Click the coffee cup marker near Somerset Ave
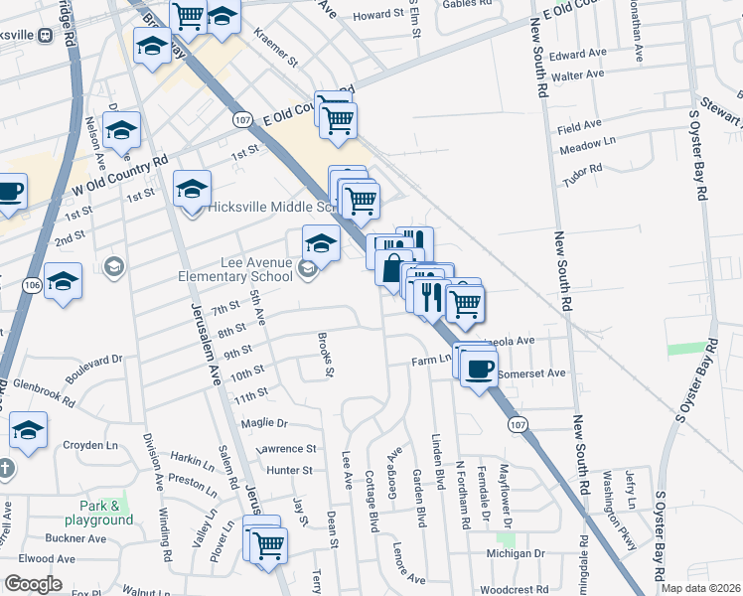click(x=479, y=369)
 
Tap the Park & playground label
click(x=98, y=513)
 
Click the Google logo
click(x=33, y=584)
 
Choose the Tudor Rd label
click(x=582, y=169)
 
